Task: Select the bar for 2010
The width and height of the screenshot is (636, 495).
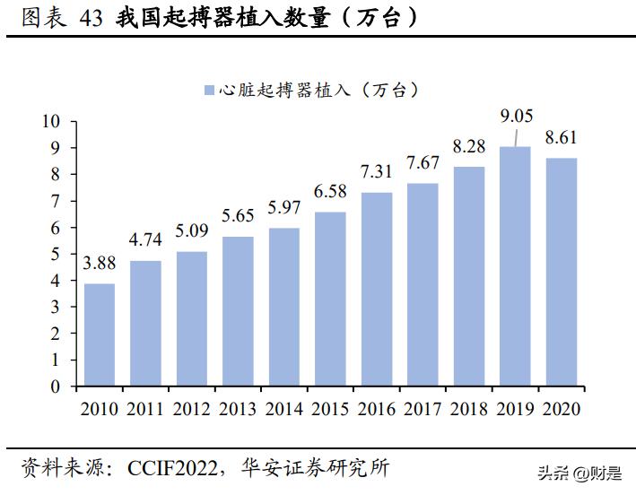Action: click(100, 335)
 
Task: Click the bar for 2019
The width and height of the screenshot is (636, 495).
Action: click(515, 266)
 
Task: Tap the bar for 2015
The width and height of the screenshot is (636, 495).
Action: click(330, 300)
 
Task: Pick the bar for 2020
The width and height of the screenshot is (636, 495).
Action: click(561, 273)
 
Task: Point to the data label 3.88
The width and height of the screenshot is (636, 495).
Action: click(100, 265)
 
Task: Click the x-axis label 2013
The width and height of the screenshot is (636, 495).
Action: click(238, 408)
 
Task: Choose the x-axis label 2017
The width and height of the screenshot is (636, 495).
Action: click(423, 408)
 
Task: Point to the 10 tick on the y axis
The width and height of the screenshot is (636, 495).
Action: click(51, 121)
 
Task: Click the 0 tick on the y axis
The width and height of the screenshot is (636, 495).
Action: click(56, 386)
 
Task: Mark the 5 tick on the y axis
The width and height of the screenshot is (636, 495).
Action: click(56, 254)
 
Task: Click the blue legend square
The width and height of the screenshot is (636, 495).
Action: click(209, 90)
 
